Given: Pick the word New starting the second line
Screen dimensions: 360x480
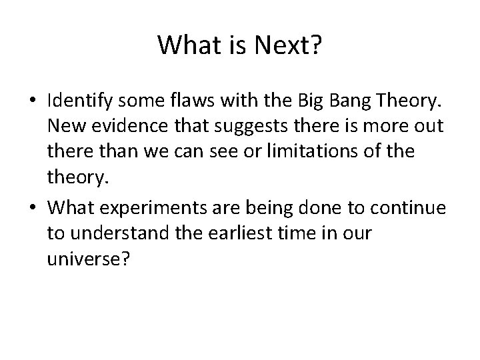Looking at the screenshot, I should tap(64, 125).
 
